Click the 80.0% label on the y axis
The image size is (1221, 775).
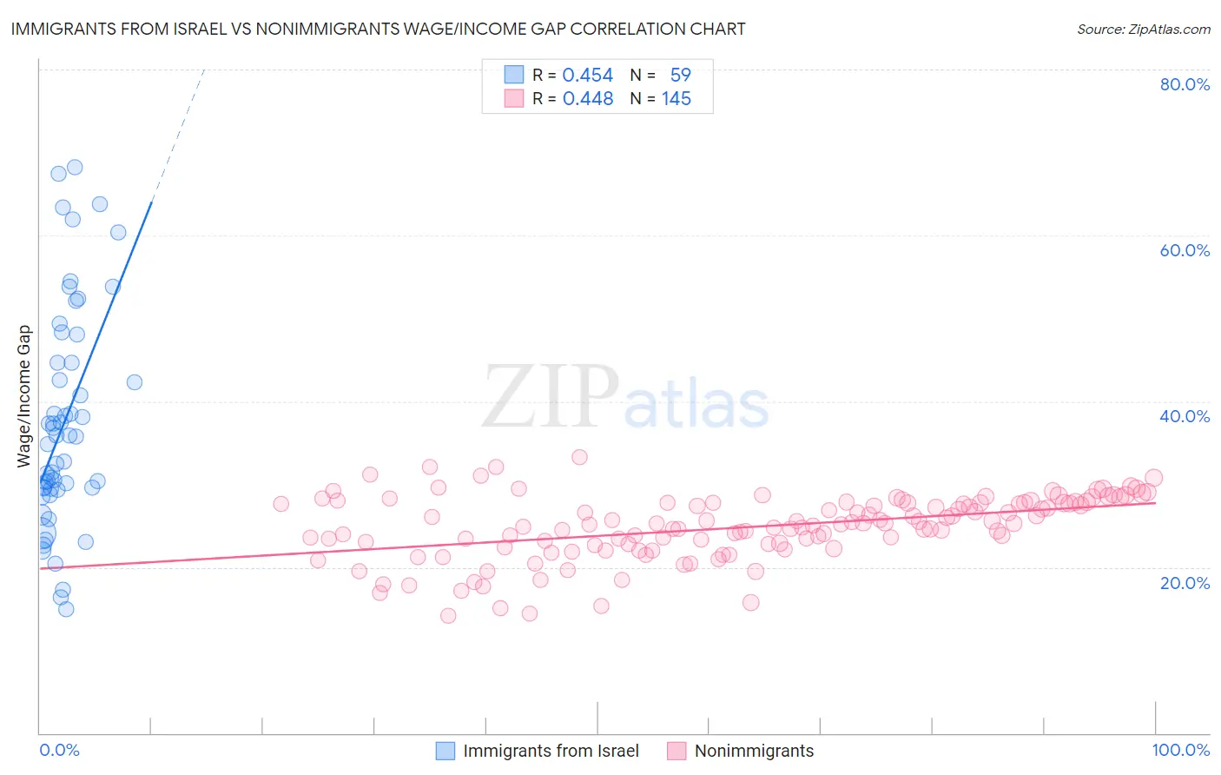pos(1185,84)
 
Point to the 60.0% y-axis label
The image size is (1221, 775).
pos(1185,250)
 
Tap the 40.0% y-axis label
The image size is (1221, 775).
pos(1185,416)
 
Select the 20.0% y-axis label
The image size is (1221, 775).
pos(1185,583)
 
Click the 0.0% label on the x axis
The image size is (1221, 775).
pos(59,751)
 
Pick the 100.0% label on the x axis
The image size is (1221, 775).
pos(1180,751)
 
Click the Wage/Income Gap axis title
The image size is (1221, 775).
pos(24,396)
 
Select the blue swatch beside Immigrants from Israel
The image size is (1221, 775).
pos(445,752)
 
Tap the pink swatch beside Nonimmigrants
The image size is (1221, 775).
pos(676,752)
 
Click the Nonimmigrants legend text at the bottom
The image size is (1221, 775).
pos(754,752)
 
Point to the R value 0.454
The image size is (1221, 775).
pos(588,76)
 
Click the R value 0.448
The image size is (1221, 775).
pos(588,99)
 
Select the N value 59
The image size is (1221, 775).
pos(680,76)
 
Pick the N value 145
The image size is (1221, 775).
pos(676,99)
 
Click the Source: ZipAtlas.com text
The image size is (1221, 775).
pos(1143,30)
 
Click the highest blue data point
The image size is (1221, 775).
pos(75,167)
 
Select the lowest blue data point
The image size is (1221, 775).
pos(66,609)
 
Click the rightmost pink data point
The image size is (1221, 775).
pos(1153,478)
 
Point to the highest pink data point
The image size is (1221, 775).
pos(579,457)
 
